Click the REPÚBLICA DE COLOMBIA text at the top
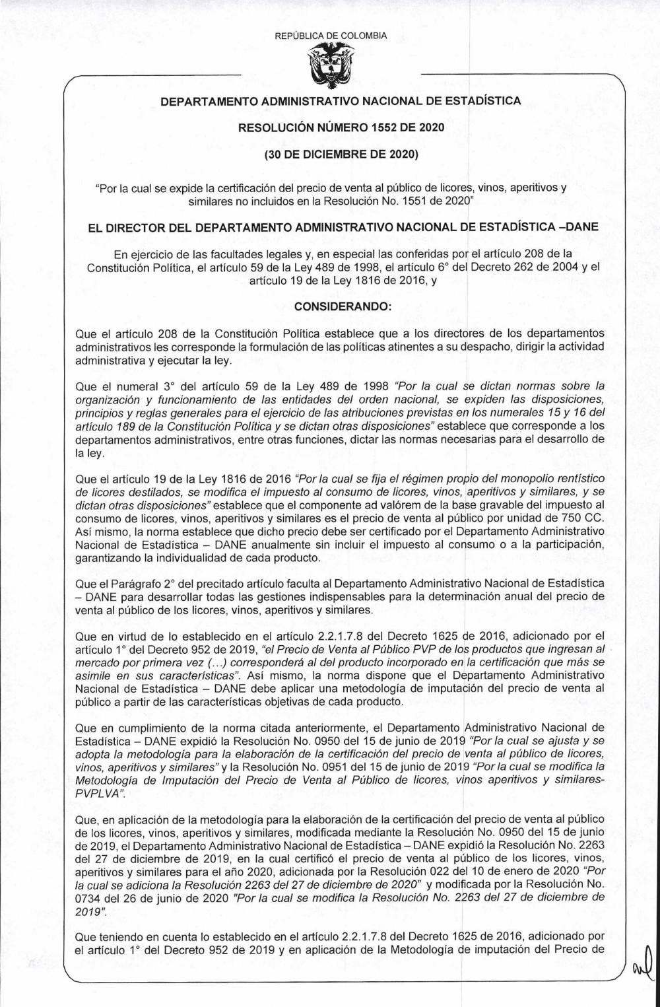330,36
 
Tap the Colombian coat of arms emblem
330,68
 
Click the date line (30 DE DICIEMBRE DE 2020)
329,156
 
